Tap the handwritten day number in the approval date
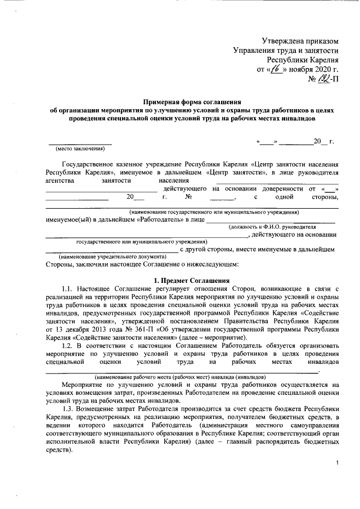[274, 70]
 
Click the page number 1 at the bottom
[336, 462]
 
